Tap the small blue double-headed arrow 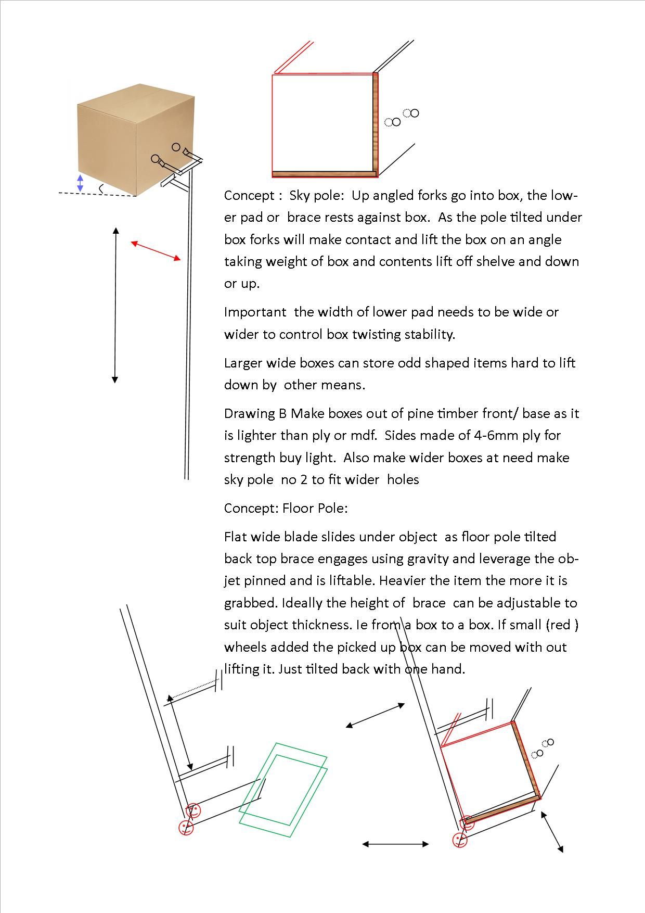80,183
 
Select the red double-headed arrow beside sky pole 156,251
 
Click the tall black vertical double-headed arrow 115,305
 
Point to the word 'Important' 255,312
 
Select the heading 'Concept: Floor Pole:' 286,508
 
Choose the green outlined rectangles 283,790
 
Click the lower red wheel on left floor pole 186,828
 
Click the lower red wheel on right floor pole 460,840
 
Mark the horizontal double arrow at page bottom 395,844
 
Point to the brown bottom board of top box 324,174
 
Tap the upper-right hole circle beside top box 414,113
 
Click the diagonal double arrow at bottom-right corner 552,831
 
